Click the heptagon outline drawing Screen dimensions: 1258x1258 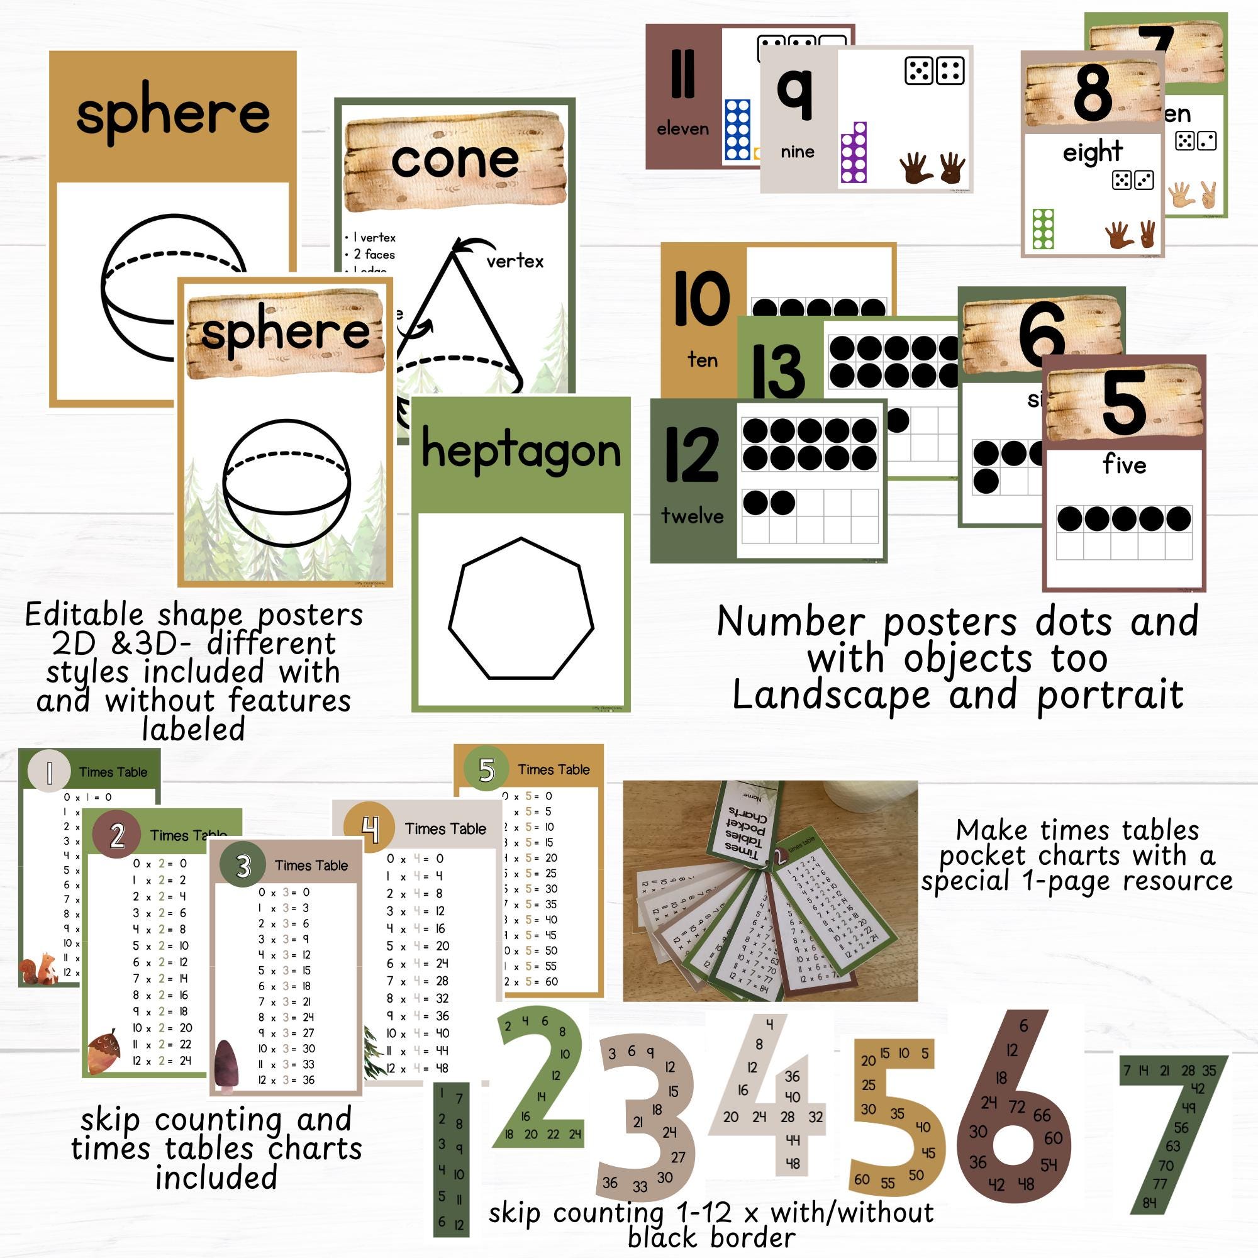521,610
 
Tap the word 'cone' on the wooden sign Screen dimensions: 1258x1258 455,160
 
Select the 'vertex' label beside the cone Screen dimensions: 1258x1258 515,261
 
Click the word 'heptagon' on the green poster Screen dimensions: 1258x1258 521,450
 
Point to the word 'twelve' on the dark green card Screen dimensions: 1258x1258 692,516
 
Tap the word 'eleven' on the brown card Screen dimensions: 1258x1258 682,129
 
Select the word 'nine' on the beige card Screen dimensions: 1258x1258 798,152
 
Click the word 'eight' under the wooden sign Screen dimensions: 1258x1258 1093,152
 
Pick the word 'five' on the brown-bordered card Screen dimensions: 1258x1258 1125,465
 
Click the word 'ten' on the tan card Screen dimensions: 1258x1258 703,360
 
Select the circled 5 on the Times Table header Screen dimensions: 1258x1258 486,770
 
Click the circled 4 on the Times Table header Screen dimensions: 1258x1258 369,829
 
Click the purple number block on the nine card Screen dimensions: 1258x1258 854,153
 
